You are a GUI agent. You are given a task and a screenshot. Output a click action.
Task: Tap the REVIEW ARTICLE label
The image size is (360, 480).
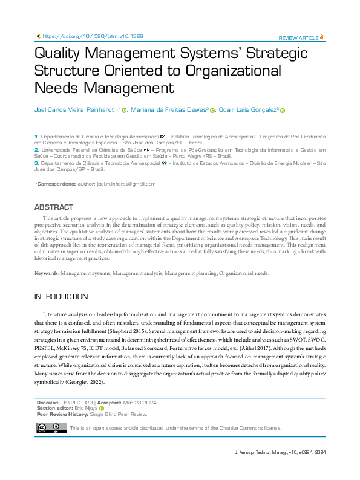(298, 37)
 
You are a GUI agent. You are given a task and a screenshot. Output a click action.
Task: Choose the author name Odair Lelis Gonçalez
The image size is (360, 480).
(247, 109)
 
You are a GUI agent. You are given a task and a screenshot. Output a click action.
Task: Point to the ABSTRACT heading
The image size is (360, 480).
(54, 207)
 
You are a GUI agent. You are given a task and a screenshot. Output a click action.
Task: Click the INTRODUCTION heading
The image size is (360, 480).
(61, 297)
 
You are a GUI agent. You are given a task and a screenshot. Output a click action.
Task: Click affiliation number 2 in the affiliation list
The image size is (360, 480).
(36, 149)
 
